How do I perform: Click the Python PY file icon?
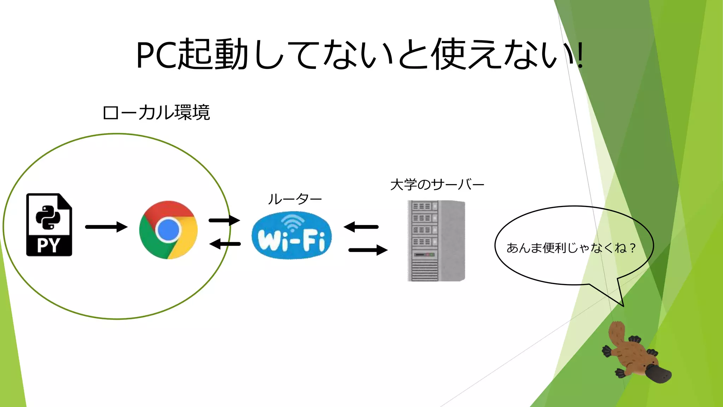pos(49,224)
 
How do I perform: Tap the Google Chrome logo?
pos(168,230)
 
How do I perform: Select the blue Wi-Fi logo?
pos(292,235)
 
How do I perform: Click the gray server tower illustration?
pos(436,241)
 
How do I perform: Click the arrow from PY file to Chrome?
pos(106,227)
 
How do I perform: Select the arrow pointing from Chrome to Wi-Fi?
pos(224,220)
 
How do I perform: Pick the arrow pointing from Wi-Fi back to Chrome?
pos(225,244)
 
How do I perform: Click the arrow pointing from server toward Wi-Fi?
pos(361,227)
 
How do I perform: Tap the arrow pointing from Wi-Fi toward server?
pos(368,250)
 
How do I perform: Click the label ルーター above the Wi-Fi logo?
pos(295,199)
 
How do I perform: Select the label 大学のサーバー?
pos(437,185)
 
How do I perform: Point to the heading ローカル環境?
pos(156,113)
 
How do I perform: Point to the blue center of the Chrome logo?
pos(168,230)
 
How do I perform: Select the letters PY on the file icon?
pos(49,245)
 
